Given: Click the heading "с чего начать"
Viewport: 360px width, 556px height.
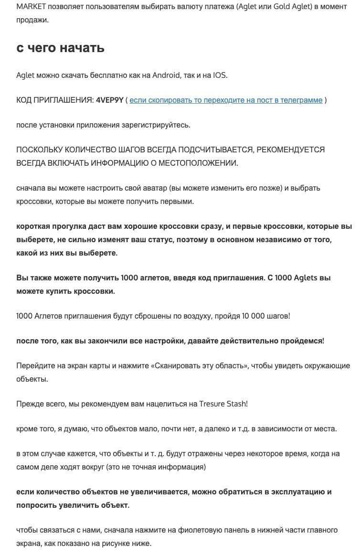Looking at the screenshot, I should pos(60,48).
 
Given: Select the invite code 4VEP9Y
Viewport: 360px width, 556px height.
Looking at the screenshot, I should pos(109,100).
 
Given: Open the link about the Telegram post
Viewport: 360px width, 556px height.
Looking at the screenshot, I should pos(226,100).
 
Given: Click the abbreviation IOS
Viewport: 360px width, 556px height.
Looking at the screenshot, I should pos(220,75).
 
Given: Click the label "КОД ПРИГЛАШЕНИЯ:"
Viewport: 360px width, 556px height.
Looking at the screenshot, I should pos(54,100).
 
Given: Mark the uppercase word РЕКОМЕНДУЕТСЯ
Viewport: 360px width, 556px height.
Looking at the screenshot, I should pos(290,150).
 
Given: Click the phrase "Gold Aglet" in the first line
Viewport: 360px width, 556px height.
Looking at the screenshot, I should pos(291,7).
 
